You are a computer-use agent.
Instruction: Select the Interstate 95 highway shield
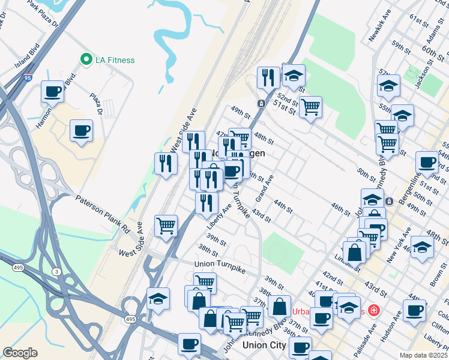(x=28, y=78)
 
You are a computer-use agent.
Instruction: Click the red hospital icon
(x=374, y=310)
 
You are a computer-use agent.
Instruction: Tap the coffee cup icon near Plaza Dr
(x=81, y=130)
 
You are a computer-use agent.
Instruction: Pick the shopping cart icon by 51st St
(x=310, y=107)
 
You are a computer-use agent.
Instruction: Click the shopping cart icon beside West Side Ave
(x=166, y=226)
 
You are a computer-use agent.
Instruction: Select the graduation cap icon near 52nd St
(x=293, y=76)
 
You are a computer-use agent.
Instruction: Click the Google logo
(x=20, y=353)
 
